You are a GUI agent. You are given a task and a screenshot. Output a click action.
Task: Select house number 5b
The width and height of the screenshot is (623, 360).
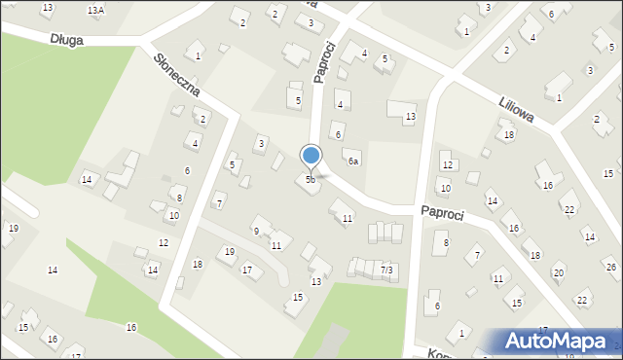(x=311, y=180)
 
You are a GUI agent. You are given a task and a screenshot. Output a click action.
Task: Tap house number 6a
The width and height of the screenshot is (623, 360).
(x=354, y=162)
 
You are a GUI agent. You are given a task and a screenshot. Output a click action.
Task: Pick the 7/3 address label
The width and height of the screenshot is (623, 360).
(x=387, y=269)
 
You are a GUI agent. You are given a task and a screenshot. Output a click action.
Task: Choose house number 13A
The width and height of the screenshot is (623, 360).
(x=95, y=10)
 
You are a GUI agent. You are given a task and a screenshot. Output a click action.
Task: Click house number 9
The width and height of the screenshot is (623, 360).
(x=256, y=232)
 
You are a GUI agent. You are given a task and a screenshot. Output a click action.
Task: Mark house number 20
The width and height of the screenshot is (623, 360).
(x=558, y=272)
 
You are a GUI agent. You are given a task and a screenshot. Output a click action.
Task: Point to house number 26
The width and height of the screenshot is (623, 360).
(x=611, y=267)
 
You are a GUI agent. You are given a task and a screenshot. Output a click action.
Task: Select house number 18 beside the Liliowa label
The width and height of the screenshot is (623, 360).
(x=509, y=135)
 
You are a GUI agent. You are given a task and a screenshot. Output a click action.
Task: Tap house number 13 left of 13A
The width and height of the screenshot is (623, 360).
(x=47, y=8)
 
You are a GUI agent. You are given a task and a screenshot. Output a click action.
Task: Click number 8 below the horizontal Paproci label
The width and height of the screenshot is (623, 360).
(x=446, y=242)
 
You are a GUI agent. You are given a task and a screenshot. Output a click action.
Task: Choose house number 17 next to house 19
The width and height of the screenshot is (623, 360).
(x=246, y=270)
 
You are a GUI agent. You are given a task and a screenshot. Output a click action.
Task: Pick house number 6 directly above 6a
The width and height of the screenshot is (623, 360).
(x=338, y=134)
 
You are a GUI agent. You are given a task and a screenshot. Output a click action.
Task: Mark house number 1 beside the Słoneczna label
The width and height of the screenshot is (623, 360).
(x=198, y=56)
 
